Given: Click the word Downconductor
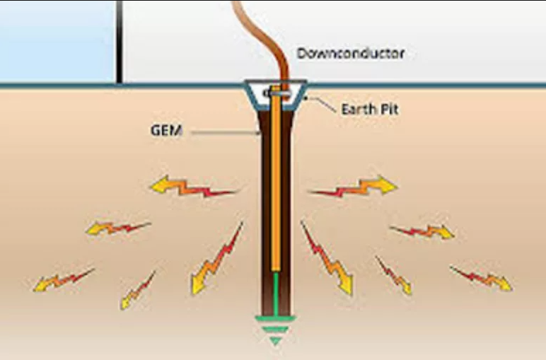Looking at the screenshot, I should [x=351, y=54].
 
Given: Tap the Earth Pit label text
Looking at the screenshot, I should [x=370, y=110].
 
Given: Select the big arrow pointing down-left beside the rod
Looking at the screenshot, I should [x=216, y=262].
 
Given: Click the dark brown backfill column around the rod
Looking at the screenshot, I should [x=263, y=212].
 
